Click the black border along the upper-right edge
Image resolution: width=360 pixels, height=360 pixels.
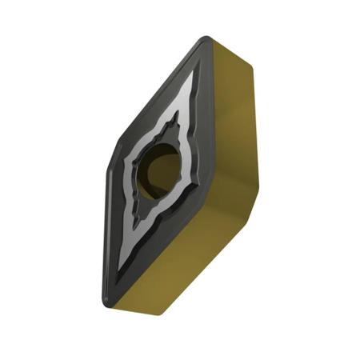[x=209, y=104]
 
